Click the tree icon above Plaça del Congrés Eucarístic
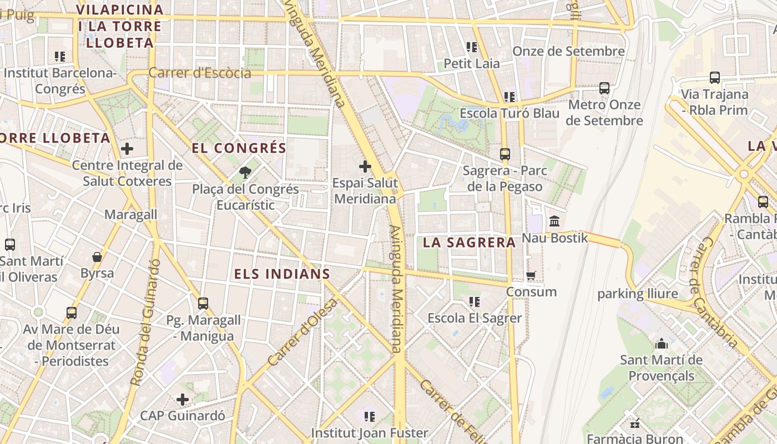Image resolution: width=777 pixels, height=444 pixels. tap(245, 173)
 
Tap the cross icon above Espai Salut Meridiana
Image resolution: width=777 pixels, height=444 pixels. tap(365, 166)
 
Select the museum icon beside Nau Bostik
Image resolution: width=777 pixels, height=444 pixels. tap(554, 221)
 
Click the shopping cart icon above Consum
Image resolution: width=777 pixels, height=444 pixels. tap(531, 275)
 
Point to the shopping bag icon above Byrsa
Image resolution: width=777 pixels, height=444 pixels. tap(97, 257)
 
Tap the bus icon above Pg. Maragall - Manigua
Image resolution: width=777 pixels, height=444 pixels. tap(203, 303)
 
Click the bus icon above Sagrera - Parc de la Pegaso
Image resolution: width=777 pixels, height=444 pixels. tap(504, 154)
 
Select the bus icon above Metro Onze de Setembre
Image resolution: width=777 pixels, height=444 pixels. tap(604, 88)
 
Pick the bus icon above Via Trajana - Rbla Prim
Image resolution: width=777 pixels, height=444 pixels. tap(715, 78)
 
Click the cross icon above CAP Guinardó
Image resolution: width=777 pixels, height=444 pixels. tap(183, 399)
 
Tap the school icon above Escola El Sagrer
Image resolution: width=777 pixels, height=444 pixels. tap(475, 301)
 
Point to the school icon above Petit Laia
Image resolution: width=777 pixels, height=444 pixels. tap(472, 47)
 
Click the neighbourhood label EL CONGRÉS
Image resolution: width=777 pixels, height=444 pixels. tap(239, 148)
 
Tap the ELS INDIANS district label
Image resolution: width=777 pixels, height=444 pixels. tap(282, 274)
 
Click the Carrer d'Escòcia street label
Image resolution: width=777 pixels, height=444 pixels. tap(200, 73)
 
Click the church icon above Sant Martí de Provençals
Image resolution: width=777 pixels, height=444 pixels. tap(661, 344)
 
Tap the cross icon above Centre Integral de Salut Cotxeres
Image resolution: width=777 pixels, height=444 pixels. tap(127, 149)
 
